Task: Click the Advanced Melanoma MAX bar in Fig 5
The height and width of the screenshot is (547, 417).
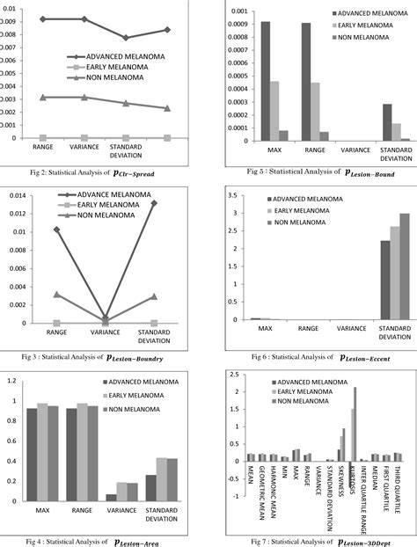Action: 266,80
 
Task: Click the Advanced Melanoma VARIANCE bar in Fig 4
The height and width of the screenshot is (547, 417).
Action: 111,497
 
